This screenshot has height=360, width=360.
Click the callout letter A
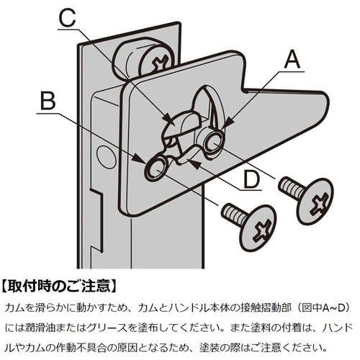[292, 60]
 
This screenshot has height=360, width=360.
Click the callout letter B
[48, 101]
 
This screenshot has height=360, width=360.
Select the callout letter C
[67, 18]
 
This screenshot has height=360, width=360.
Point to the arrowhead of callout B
[139, 158]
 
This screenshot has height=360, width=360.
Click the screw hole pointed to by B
[156, 168]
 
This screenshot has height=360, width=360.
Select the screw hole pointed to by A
[214, 142]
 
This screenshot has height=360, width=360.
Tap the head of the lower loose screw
[257, 228]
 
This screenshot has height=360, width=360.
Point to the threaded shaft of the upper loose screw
[291, 187]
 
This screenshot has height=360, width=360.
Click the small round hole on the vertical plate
[106, 156]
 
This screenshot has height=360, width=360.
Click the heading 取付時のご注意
[59, 286]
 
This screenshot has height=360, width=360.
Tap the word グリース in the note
[110, 328]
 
